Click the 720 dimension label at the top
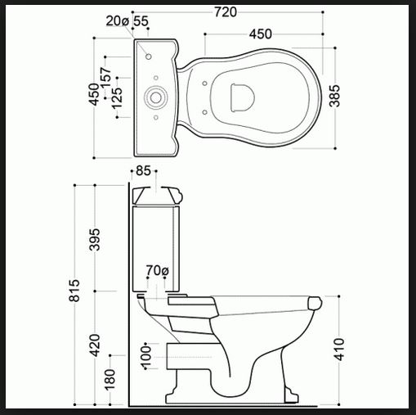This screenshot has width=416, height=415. click(226, 12)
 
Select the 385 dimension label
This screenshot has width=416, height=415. click(335, 96)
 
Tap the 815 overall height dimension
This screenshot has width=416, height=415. click(74, 291)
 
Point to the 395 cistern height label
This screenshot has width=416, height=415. click(95, 240)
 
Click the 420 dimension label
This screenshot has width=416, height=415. click(95, 345)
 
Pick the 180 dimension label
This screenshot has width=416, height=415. click(110, 379)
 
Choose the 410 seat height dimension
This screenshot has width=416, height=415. click(339, 350)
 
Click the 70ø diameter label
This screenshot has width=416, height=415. click(158, 270)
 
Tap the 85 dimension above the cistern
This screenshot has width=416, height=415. click(143, 171)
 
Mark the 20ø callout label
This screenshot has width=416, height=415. click(117, 21)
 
